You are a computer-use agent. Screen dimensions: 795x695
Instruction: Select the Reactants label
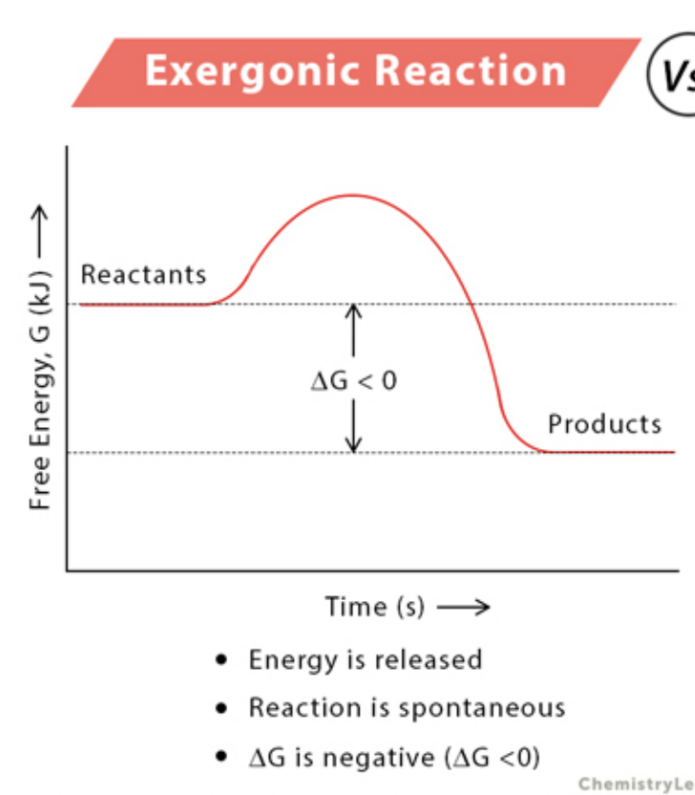point(143,275)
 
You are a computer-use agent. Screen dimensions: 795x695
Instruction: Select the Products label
point(604,423)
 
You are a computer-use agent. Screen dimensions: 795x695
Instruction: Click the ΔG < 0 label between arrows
point(353,380)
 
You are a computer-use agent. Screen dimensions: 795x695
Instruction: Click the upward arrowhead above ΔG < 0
point(354,311)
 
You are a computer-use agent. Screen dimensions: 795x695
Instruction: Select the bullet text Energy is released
point(365,659)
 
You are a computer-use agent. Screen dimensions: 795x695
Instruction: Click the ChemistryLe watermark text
point(636,784)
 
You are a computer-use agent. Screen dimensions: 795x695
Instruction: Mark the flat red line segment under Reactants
point(143,304)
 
